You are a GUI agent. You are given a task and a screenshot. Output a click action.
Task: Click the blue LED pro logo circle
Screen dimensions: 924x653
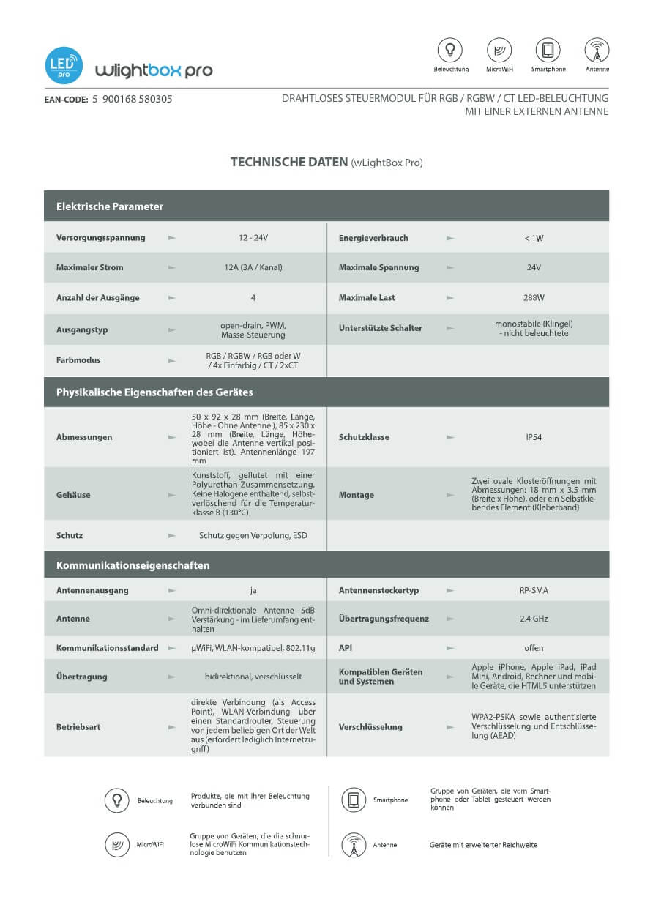click(64, 65)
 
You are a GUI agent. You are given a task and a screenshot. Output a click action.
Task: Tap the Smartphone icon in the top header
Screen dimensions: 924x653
click(548, 50)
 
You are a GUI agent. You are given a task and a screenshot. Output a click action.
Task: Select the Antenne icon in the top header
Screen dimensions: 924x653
click(597, 50)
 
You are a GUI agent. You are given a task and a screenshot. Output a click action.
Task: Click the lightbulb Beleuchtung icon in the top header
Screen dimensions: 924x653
click(450, 50)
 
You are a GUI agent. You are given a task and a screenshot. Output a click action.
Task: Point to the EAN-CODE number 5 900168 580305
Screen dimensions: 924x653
click(133, 99)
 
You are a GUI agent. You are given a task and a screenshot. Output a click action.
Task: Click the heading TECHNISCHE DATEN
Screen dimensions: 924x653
click(289, 162)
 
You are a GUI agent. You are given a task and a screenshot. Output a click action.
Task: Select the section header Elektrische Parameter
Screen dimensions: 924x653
click(110, 206)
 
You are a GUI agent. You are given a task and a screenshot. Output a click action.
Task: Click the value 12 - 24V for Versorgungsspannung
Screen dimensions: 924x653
click(253, 238)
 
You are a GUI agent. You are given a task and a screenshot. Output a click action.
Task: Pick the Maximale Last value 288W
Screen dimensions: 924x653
click(534, 298)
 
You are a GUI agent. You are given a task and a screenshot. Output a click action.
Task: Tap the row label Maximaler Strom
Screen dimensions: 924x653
click(90, 267)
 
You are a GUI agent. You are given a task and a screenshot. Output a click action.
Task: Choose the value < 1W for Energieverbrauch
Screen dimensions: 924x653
click(534, 238)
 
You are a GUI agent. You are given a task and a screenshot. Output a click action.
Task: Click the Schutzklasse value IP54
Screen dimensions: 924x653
click(534, 437)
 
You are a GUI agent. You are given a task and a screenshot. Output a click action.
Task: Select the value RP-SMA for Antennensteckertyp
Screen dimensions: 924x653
click(534, 590)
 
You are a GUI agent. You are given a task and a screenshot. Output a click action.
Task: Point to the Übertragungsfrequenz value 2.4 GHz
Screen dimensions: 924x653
click(534, 619)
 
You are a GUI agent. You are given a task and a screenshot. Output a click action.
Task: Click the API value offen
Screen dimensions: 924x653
click(534, 648)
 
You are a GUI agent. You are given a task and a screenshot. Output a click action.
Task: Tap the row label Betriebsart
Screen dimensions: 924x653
click(78, 727)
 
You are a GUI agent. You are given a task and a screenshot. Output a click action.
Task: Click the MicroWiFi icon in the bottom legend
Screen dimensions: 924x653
click(117, 844)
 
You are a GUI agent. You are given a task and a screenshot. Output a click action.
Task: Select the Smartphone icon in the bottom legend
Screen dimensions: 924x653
click(354, 800)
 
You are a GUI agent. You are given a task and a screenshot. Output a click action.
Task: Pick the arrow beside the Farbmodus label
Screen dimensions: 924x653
click(172, 360)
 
